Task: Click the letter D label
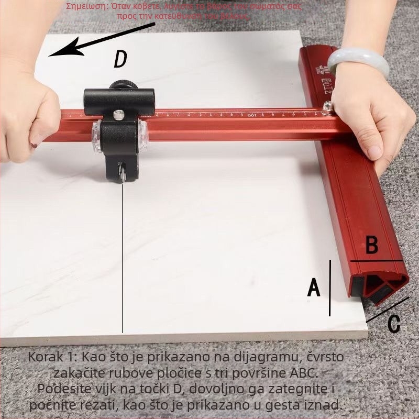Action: pos(120,60)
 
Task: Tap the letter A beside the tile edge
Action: pos(313,288)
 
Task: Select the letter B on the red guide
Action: pos(371,245)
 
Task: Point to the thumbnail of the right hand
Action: pos(373,152)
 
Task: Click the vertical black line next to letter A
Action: pos(330,288)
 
